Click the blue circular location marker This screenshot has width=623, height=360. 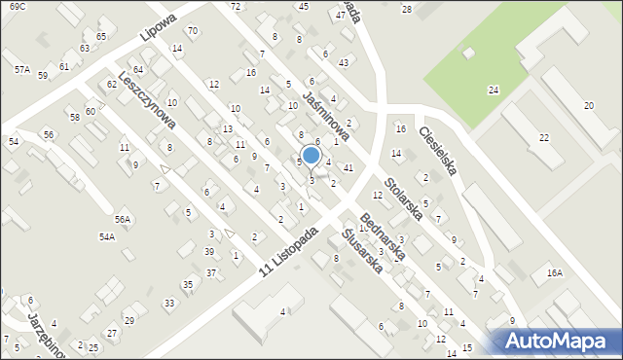[311, 156]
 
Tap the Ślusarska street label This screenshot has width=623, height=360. [362, 249]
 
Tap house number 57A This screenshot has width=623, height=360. [21, 70]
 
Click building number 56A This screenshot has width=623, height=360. [122, 219]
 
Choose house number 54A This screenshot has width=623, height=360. [106, 236]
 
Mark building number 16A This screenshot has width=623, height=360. [554, 273]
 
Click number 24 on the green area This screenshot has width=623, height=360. [494, 90]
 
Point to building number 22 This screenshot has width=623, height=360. [542, 138]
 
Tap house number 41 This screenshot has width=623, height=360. [348, 168]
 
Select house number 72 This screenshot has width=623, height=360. [236, 7]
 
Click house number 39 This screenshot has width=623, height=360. [208, 251]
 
